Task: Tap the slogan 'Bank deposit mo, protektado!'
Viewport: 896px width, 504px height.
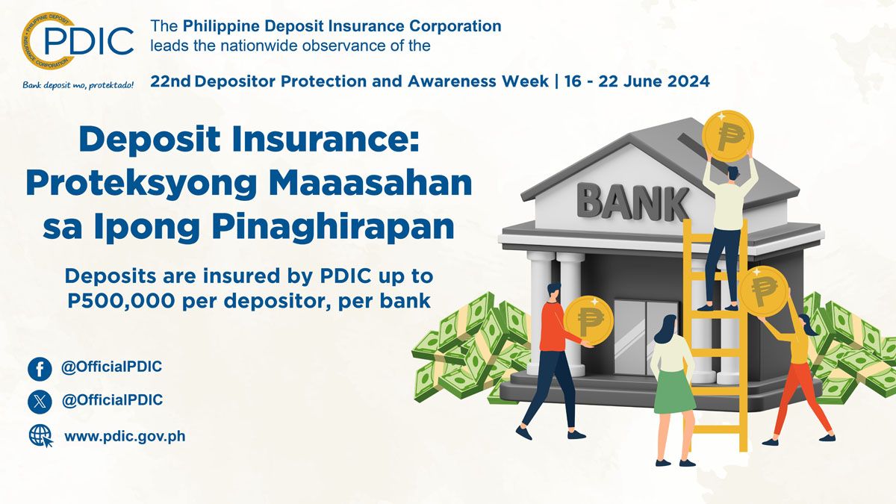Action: pos(78,84)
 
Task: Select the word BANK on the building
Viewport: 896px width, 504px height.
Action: pos(633,201)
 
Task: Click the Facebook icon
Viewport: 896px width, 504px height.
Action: pos(40,369)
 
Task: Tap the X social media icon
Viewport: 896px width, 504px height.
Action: pos(40,402)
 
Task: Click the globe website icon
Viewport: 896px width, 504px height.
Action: pos(40,435)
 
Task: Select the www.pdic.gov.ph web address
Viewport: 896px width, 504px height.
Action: pos(125,435)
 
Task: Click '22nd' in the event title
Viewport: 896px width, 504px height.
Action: pos(171,81)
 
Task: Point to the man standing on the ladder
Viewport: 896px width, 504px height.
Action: pos(724,231)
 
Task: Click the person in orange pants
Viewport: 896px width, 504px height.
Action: pos(797,373)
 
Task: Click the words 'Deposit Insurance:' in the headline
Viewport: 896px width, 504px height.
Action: pos(249,140)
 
